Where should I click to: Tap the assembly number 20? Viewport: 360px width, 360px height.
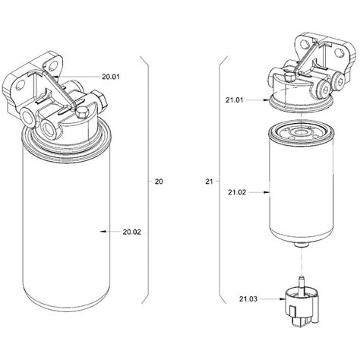coord(158,182)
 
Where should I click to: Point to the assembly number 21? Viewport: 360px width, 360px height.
coord(210,182)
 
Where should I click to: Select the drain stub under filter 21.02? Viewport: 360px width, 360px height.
coord(302,248)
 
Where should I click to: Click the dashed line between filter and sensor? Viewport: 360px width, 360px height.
coord(302,264)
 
